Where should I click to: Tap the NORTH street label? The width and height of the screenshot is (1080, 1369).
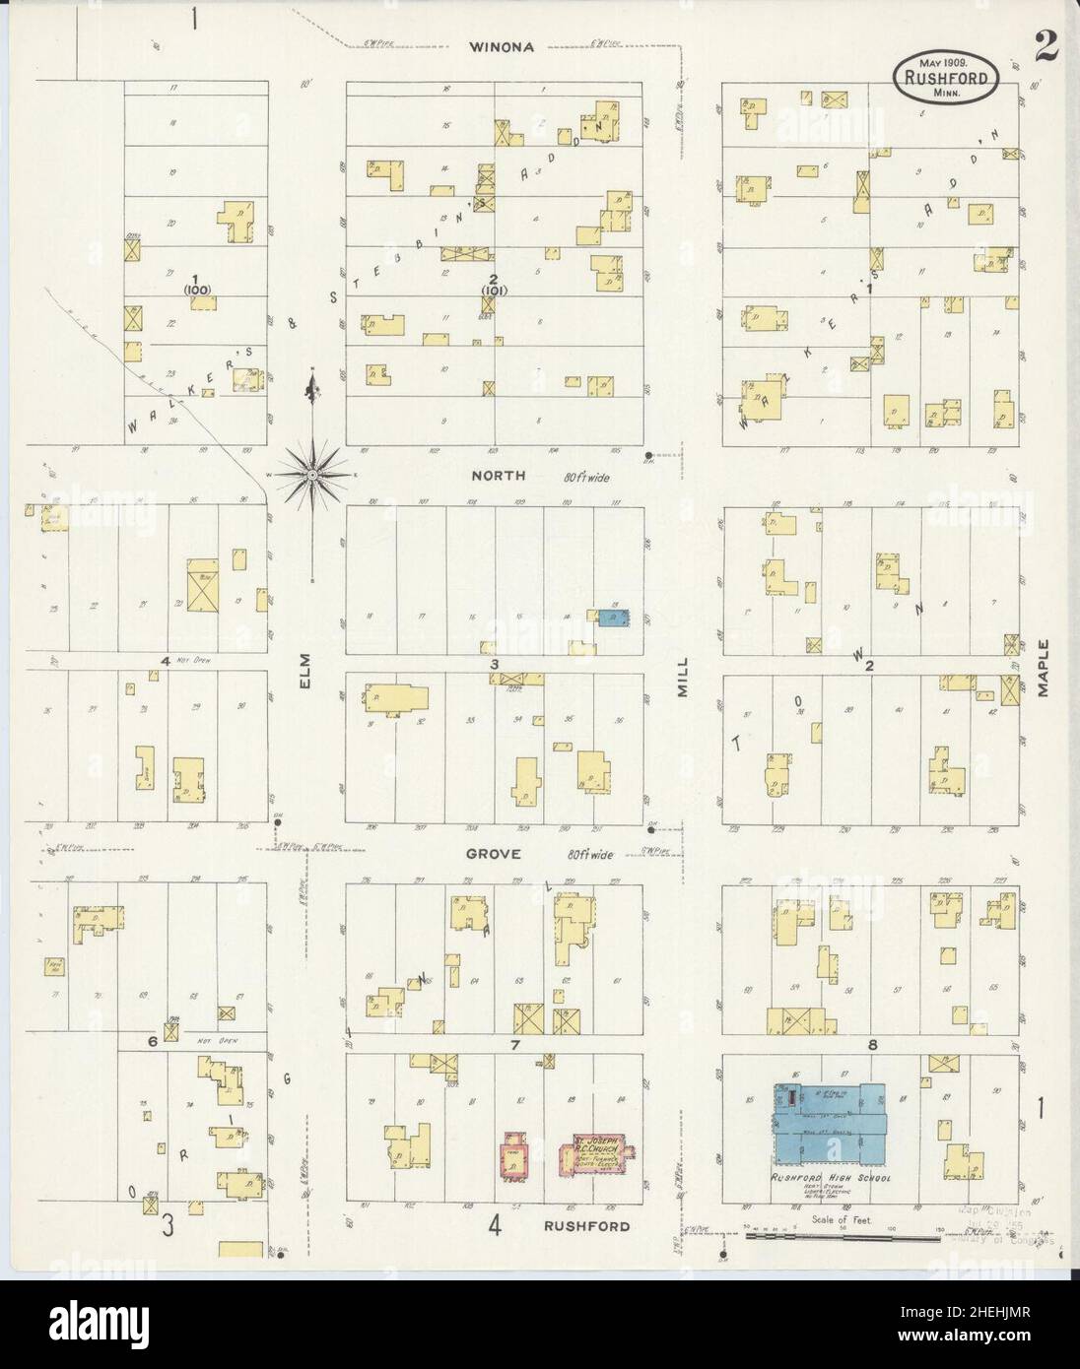498,476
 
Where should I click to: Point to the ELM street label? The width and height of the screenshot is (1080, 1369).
304,674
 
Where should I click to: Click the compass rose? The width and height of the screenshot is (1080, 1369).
312,475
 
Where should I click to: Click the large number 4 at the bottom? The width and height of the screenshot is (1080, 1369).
496,1225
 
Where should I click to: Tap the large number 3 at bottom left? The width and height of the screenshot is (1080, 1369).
169,1225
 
